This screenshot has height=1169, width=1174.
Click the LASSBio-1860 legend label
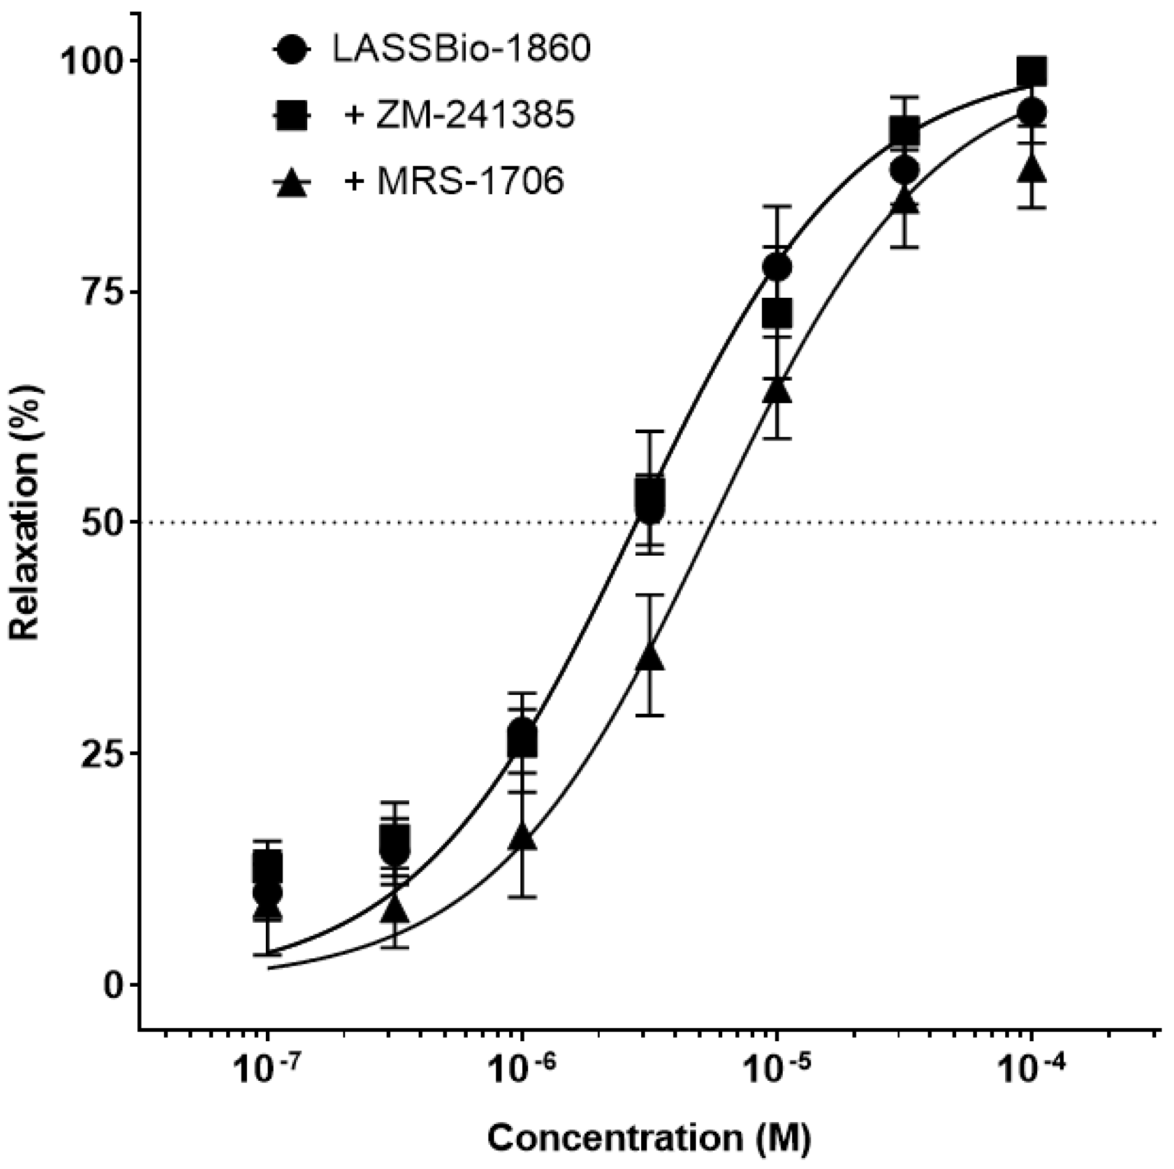tap(461, 50)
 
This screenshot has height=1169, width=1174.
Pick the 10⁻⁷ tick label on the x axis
tap(268, 1070)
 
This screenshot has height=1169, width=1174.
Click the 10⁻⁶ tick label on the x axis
tap(522, 1070)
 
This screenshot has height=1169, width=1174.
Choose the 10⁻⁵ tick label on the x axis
tap(776, 1070)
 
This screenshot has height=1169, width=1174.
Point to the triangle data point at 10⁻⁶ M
tap(523, 838)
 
